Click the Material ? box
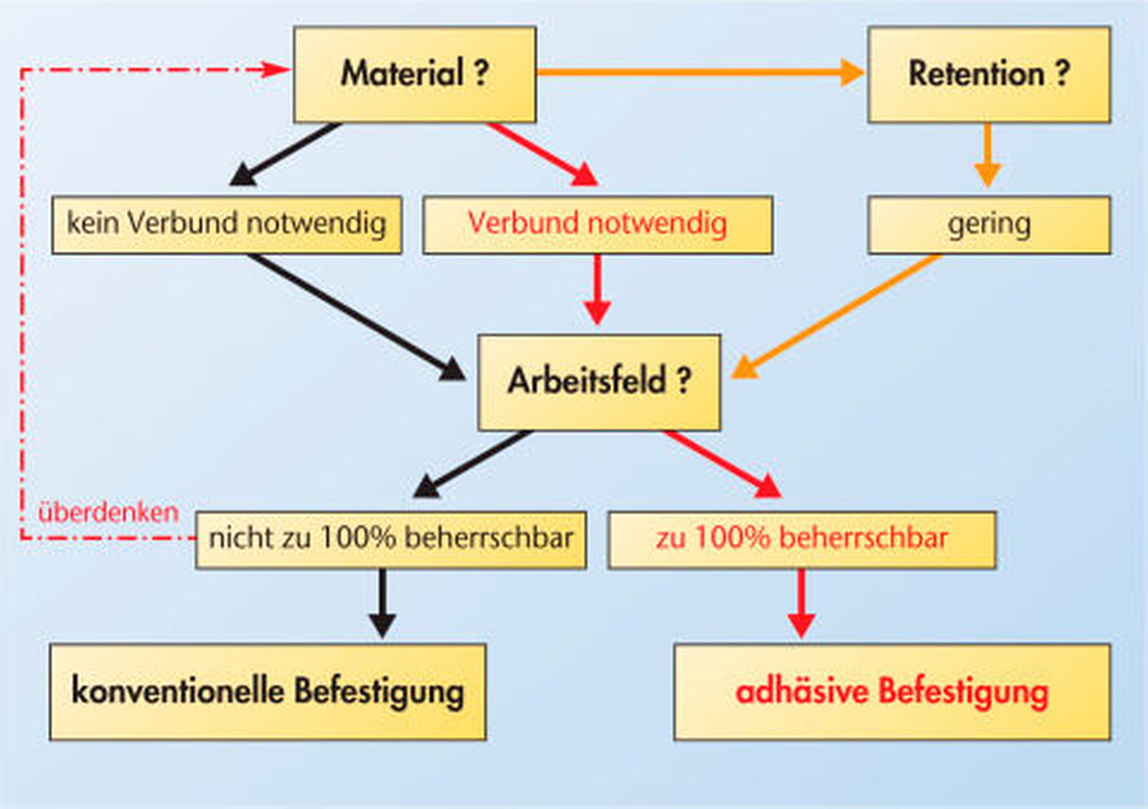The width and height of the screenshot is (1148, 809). (x=414, y=74)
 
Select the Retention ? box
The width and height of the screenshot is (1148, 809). (x=989, y=74)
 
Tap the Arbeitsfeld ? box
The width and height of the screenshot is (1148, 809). (x=599, y=382)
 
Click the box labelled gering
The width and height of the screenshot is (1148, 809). (x=989, y=224)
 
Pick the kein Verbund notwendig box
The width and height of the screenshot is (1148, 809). (x=227, y=224)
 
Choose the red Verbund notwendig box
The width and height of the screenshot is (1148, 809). (x=598, y=224)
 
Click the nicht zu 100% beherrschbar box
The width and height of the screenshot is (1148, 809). (x=391, y=540)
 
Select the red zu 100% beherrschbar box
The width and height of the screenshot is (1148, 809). (x=802, y=540)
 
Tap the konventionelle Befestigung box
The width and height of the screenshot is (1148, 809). (x=268, y=692)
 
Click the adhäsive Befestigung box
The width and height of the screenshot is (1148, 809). (x=892, y=692)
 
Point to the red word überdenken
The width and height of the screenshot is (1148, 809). (x=108, y=513)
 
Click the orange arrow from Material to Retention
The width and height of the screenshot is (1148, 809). (x=700, y=73)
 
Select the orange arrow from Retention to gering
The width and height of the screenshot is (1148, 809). (x=987, y=155)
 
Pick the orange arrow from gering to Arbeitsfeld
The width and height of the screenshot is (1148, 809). (x=837, y=316)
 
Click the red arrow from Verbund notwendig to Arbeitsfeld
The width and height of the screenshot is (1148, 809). (x=598, y=289)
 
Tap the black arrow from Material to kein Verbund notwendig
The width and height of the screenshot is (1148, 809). (x=286, y=154)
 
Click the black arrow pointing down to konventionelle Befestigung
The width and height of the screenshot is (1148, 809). (x=382, y=603)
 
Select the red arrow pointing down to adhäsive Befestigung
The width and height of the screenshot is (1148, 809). (x=801, y=603)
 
